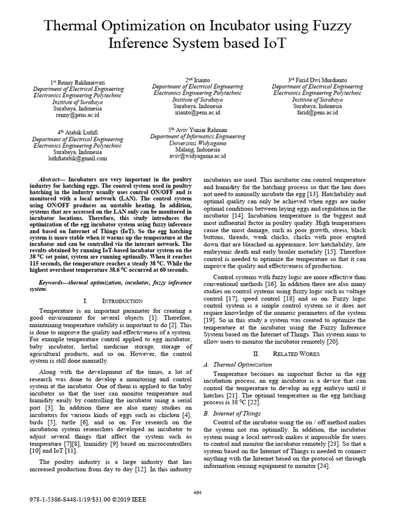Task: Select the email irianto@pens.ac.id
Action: (x=197, y=112)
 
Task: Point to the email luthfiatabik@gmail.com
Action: (x=78, y=159)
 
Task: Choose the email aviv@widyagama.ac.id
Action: (x=197, y=156)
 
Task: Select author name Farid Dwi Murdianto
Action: (x=317, y=80)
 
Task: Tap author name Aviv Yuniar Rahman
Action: (x=197, y=130)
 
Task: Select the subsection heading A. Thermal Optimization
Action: (x=238, y=364)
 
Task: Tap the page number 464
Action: (x=197, y=492)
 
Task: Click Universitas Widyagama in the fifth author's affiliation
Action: (x=197, y=143)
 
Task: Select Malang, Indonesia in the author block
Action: (x=197, y=149)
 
